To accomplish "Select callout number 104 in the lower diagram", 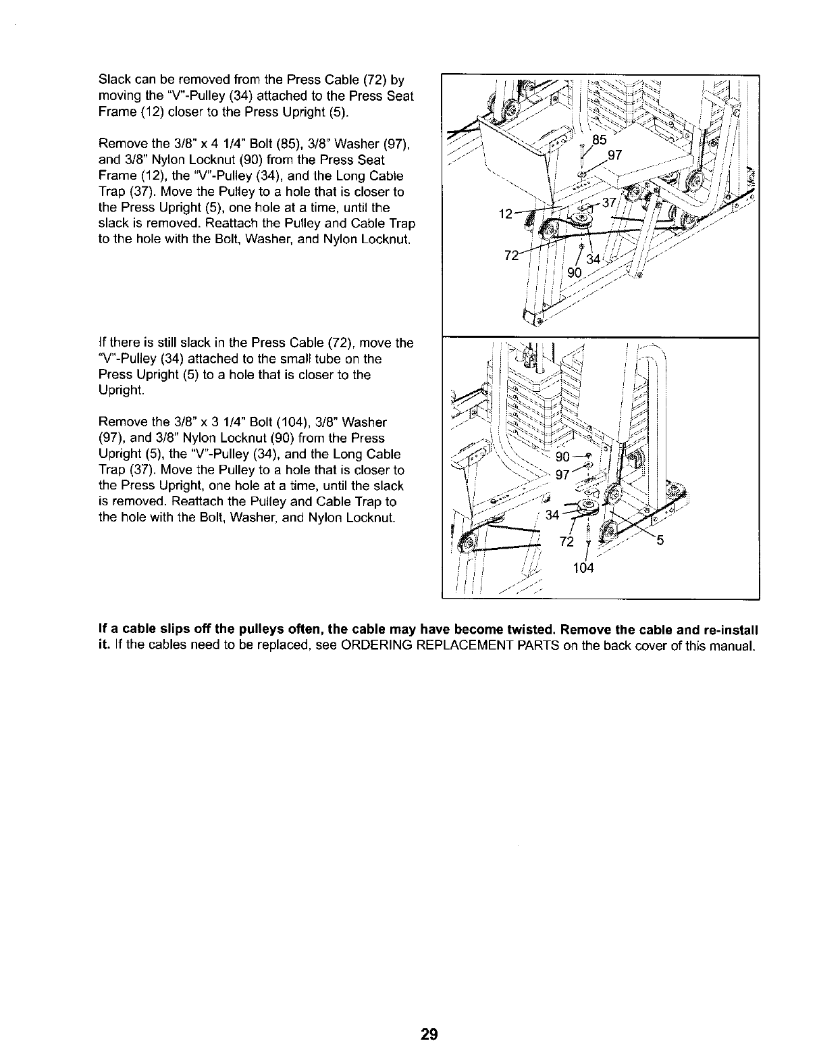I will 583,568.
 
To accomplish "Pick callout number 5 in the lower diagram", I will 661,540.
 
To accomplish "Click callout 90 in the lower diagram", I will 562,457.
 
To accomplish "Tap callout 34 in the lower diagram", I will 552,515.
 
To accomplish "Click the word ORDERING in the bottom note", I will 375,646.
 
